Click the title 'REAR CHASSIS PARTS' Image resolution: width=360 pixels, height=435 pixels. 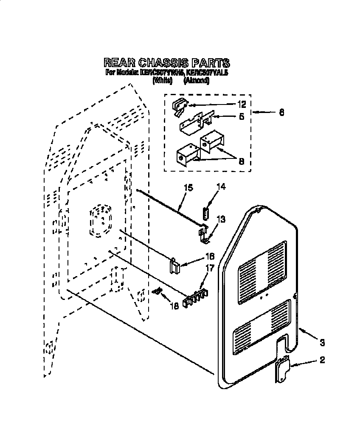[x=167, y=63]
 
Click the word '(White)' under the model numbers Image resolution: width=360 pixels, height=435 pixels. [x=162, y=80]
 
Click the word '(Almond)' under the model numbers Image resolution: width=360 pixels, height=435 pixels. [x=196, y=80]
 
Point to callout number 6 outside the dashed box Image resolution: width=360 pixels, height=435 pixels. [x=281, y=113]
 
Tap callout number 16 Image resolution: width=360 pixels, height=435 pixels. [x=209, y=256]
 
